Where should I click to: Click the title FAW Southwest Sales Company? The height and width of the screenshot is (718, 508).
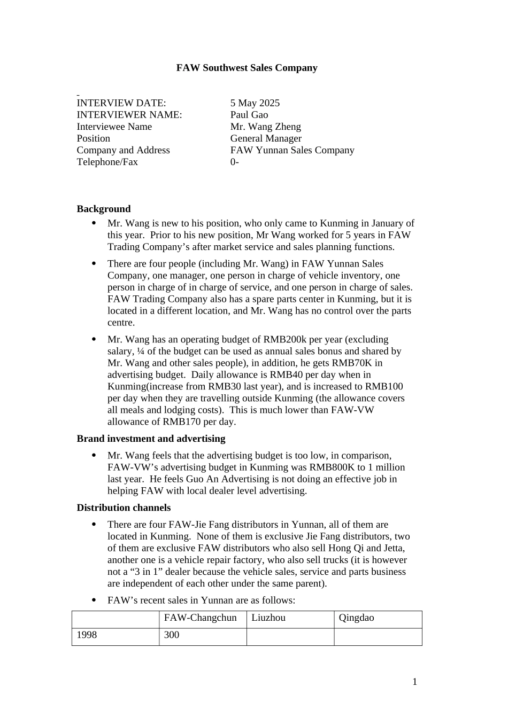[247, 68]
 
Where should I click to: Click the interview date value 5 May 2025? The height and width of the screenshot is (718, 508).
[255, 103]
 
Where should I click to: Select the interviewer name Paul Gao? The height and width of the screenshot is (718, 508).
[249, 115]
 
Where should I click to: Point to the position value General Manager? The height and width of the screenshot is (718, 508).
[266, 138]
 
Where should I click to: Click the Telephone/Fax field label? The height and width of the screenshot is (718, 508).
[107, 162]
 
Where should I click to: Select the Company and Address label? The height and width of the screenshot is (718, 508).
[123, 150]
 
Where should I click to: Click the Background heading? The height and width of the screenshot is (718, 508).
[104, 209]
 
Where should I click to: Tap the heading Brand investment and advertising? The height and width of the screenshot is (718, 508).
[151, 439]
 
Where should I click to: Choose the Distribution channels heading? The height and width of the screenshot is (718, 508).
[124, 508]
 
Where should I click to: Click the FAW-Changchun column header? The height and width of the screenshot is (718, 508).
[200, 618]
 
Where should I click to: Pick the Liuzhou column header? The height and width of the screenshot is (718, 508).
[268, 618]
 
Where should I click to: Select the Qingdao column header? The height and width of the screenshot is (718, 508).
[356, 618]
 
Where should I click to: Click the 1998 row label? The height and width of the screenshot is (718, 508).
[87, 635]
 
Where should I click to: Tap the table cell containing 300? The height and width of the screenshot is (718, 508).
[172, 635]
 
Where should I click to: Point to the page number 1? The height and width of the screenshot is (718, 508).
[414, 681]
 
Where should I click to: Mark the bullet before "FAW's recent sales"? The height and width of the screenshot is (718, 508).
[95, 600]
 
